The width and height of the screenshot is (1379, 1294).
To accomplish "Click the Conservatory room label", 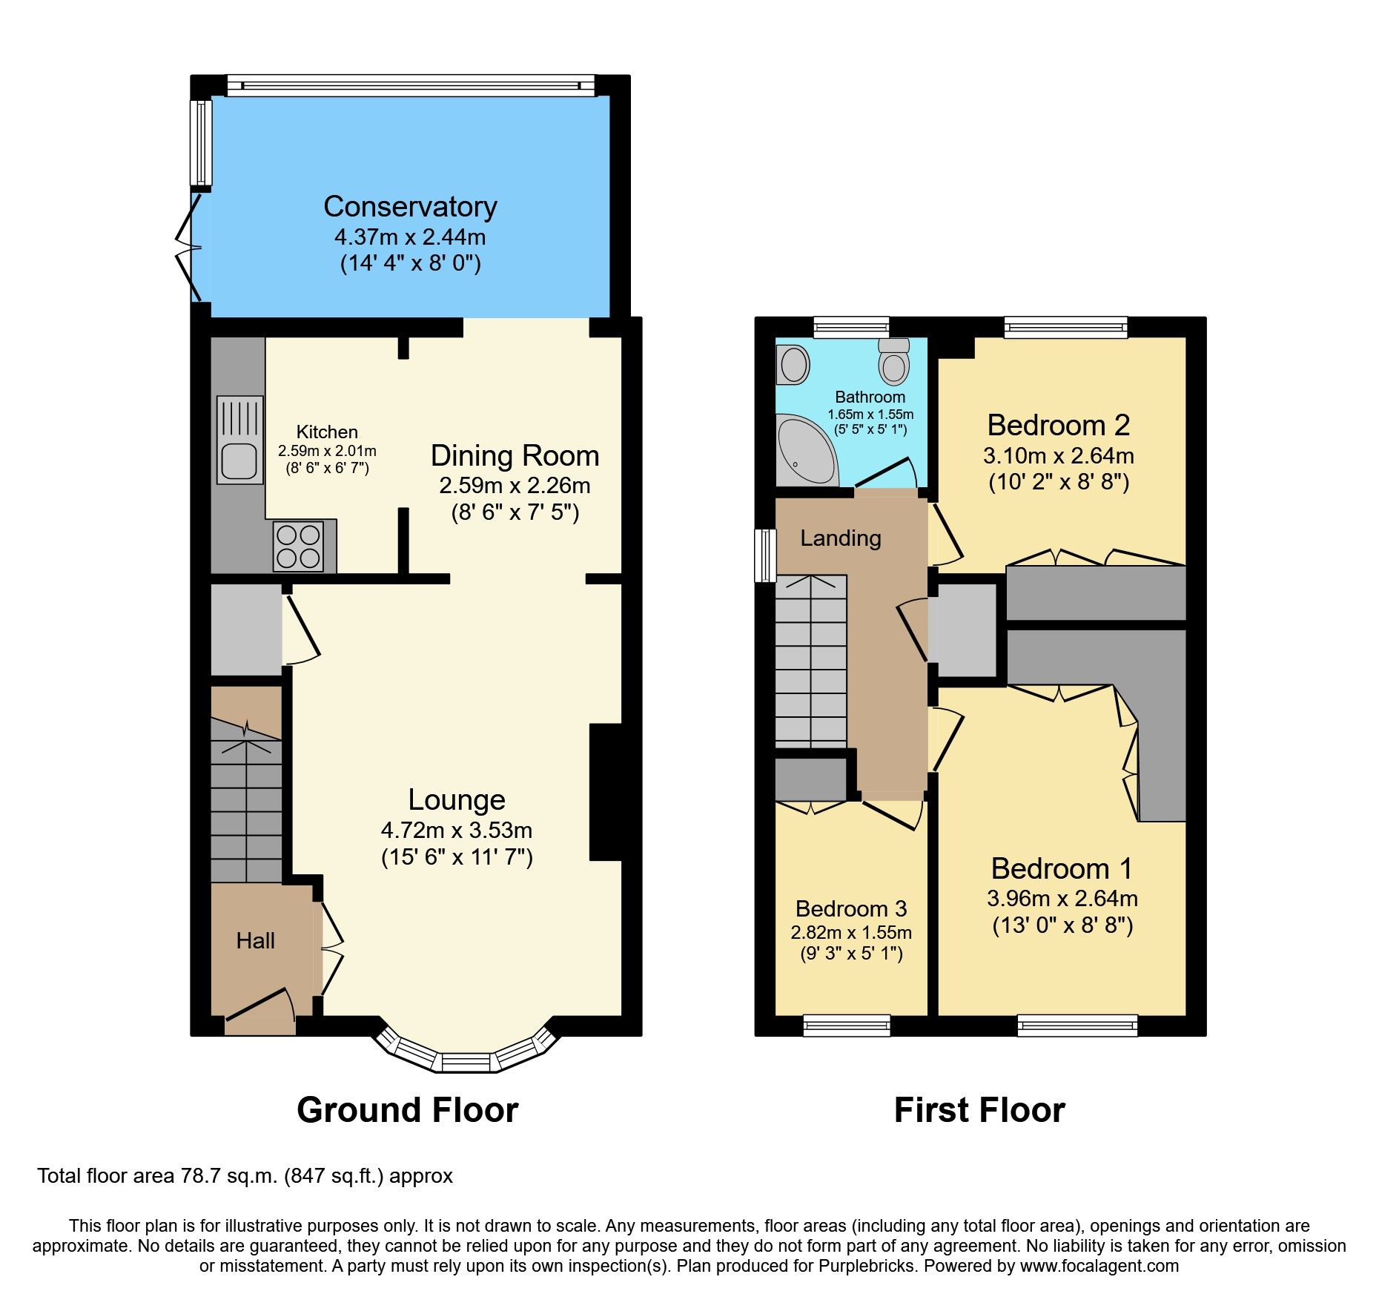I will click(410, 207).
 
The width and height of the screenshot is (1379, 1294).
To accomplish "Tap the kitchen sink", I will click(239, 440).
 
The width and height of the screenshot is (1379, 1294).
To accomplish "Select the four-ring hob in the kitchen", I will click(298, 547).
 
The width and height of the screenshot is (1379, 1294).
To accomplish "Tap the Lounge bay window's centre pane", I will click(466, 1063).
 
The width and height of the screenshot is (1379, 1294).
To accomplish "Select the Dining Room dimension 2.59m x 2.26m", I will click(515, 486).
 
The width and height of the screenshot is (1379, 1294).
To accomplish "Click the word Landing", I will click(840, 538).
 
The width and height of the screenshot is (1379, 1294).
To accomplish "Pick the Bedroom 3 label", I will click(850, 908).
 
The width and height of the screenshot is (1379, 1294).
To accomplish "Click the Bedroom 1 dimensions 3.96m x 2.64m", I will click(1062, 899).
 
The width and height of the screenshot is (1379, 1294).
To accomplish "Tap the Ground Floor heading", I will click(407, 1110).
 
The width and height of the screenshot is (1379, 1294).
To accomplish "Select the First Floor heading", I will click(979, 1110).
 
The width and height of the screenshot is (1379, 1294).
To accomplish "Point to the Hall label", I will click(255, 941).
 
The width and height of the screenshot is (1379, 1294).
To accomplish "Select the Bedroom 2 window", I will click(1065, 327).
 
